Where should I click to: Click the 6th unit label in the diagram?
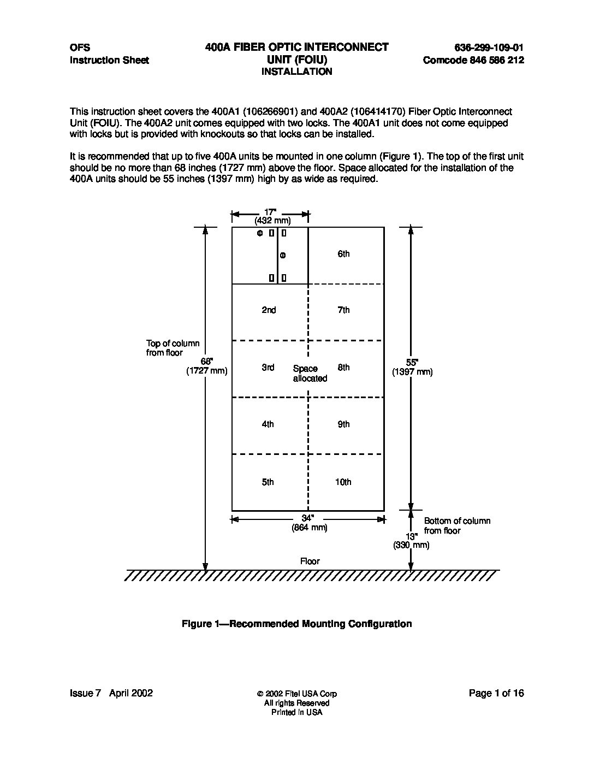point(343,254)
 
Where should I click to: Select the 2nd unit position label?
point(269,310)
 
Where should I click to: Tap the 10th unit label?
point(343,482)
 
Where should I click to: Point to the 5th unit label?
point(268,482)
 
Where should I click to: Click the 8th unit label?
point(343,368)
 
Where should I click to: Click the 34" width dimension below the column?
point(308,518)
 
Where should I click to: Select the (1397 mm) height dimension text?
point(412,372)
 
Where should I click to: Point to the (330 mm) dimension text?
point(411,545)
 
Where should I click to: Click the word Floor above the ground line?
point(310,561)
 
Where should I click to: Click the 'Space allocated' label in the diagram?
point(310,374)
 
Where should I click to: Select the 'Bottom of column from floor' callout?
point(457,526)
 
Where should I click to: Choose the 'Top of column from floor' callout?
point(173,348)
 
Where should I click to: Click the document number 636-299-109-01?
point(489,48)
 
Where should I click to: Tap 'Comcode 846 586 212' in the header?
point(473,60)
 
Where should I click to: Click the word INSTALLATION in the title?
point(296,72)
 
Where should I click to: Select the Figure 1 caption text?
point(296,624)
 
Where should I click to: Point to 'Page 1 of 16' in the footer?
point(496,693)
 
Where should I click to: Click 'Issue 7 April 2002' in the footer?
point(111,693)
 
